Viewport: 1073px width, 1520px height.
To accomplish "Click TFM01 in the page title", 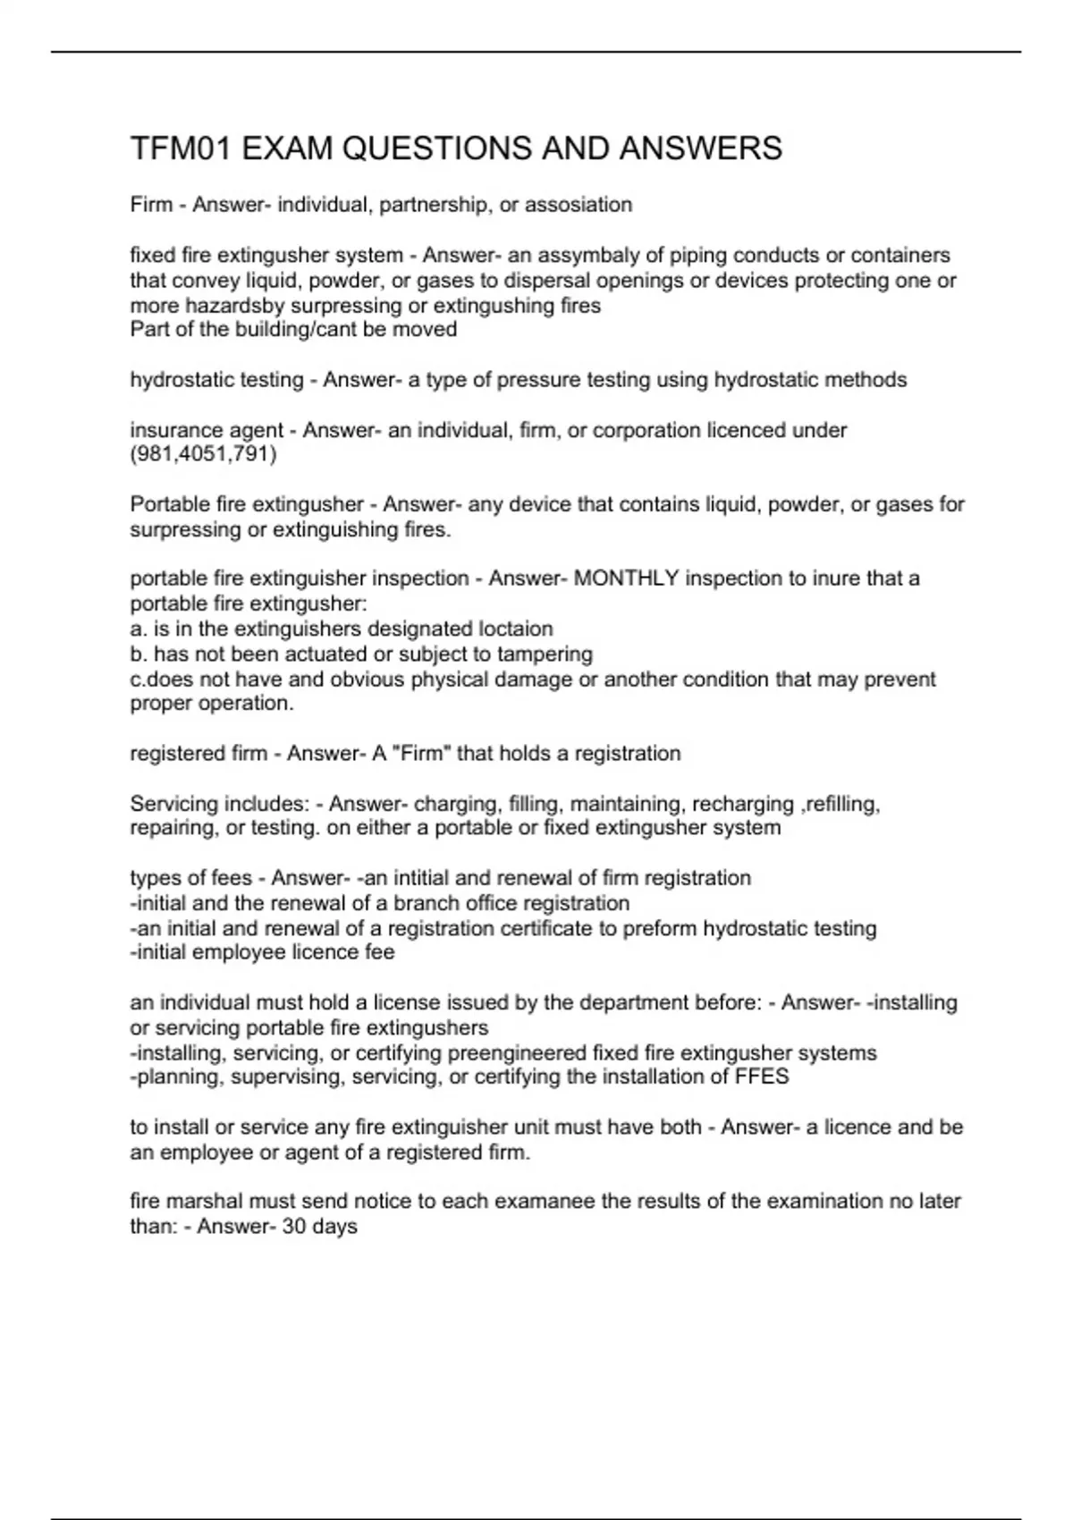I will [182, 148].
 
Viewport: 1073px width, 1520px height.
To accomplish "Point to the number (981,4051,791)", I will [204, 454].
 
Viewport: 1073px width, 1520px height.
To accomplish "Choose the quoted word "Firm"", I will [421, 754].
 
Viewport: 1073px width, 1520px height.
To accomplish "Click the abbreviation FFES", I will [762, 1077].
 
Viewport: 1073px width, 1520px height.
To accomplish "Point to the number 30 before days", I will [294, 1227].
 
